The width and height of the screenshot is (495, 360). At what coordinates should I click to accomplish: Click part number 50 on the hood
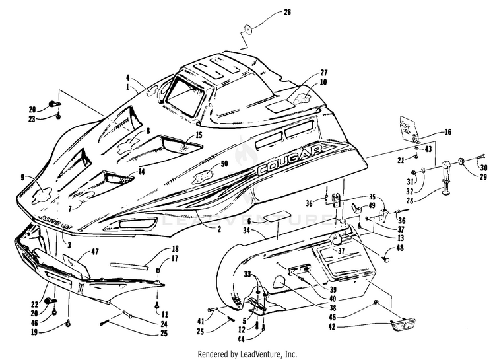pyautogui.click(x=224, y=162)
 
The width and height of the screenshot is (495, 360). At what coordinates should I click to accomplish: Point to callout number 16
pyautogui.click(x=448, y=132)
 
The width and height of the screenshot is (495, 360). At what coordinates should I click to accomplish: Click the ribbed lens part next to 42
pyautogui.click(x=401, y=324)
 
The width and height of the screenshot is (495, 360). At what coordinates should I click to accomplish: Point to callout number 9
pyautogui.click(x=22, y=177)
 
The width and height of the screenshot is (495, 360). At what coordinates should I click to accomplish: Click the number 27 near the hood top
pyautogui.click(x=324, y=73)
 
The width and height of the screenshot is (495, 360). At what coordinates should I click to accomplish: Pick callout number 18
pyautogui.click(x=176, y=249)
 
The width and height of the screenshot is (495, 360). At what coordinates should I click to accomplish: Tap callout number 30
pyautogui.click(x=484, y=167)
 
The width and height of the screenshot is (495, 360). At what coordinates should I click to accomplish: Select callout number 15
pyautogui.click(x=199, y=135)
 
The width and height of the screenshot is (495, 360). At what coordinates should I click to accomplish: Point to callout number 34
pyautogui.click(x=247, y=230)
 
